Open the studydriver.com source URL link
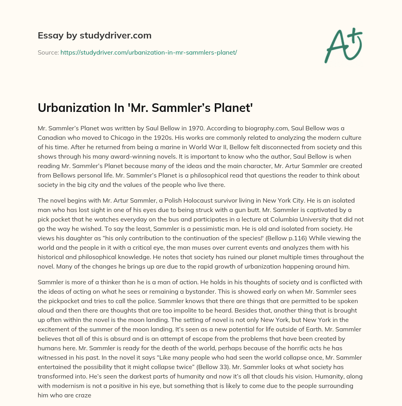(x=148, y=52)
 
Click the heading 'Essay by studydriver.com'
(x=95, y=35)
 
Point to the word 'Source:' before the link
(x=48, y=52)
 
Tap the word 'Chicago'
(x=116, y=138)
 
